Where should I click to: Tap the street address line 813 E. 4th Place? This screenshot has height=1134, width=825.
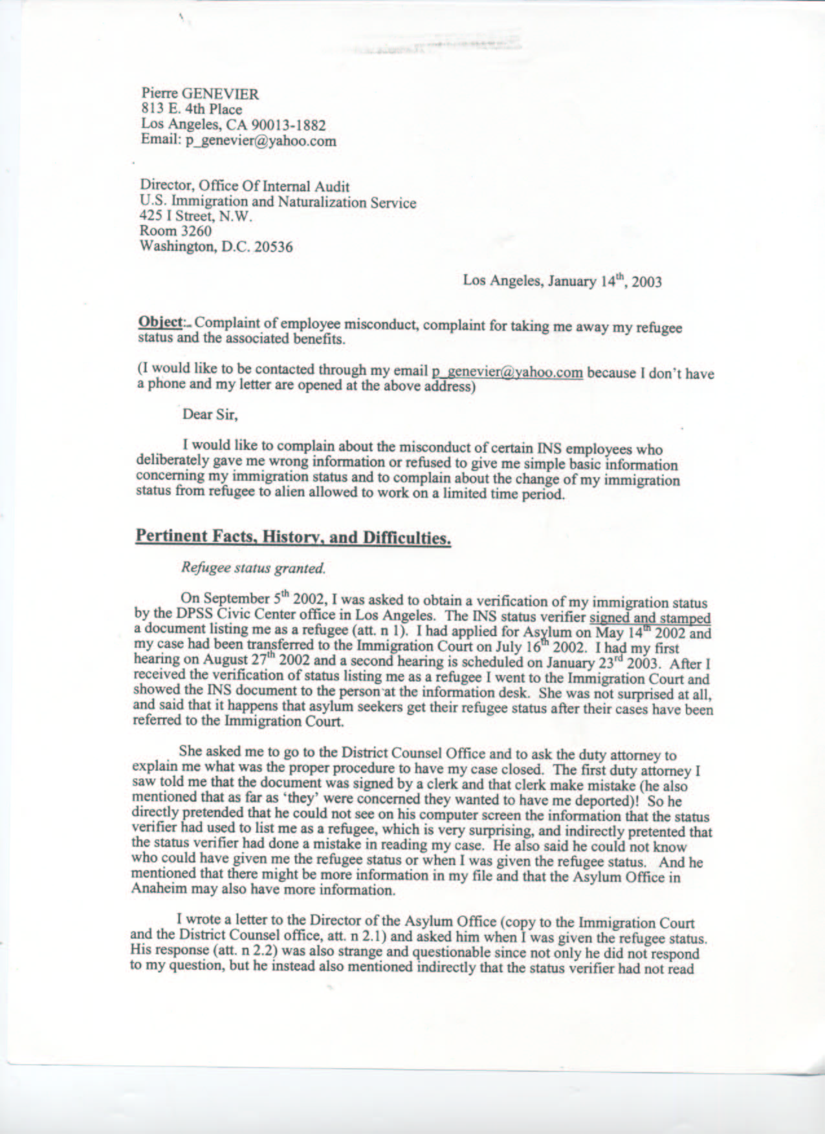pyautogui.click(x=192, y=109)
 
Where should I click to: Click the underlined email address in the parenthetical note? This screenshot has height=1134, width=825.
pyautogui.click(x=507, y=372)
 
